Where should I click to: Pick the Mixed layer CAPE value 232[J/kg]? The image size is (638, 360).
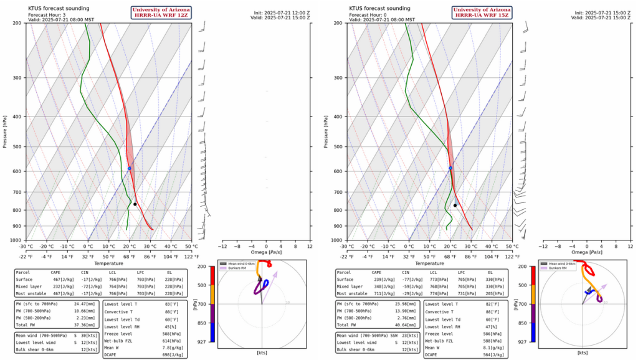pos(63,286)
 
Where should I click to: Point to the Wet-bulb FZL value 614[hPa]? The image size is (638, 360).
pos(174,341)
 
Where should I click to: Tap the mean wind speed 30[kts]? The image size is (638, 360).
pos(89,336)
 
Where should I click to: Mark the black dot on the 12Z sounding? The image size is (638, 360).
pos(135,204)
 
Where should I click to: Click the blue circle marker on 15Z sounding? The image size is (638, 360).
pos(450,168)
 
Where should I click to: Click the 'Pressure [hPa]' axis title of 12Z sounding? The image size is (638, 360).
pos(4,131)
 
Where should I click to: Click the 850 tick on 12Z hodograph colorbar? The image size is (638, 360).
pos(204,323)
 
